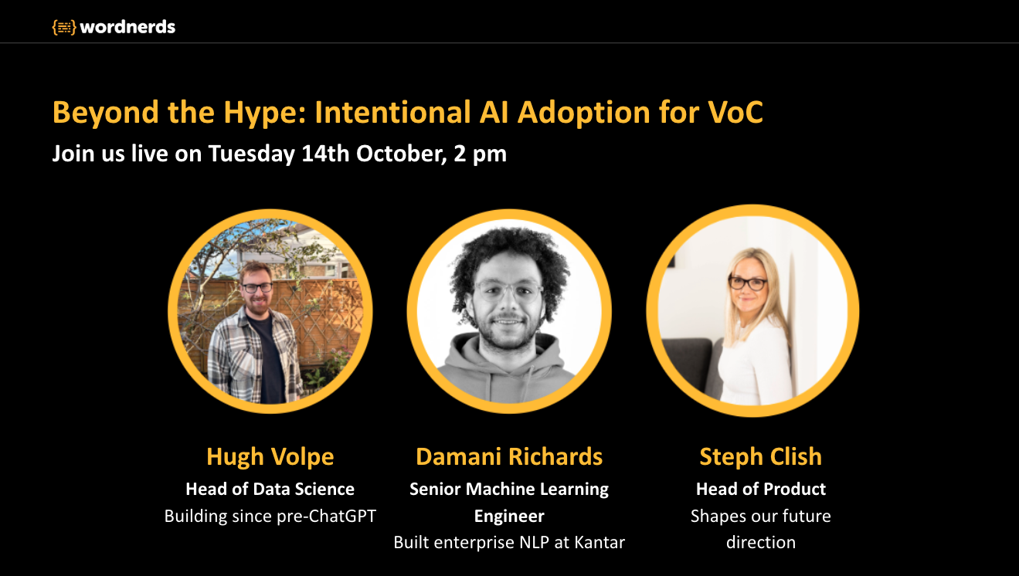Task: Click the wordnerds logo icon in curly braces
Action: (x=63, y=27)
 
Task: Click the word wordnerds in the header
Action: (x=127, y=27)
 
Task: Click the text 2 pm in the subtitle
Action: (x=480, y=154)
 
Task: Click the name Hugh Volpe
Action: (x=270, y=457)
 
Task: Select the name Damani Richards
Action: (x=509, y=456)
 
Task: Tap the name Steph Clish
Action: (x=761, y=457)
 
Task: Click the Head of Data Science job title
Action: (x=270, y=490)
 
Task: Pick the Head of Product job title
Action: (x=761, y=490)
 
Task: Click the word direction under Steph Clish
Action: (x=761, y=542)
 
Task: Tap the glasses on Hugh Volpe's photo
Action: (x=257, y=288)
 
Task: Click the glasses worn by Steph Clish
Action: (x=747, y=283)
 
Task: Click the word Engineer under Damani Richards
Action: (x=509, y=517)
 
